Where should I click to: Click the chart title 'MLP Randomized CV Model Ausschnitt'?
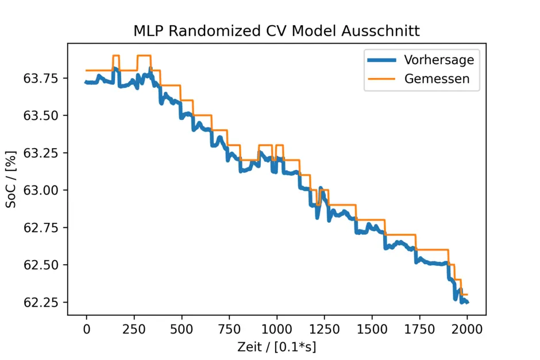pyautogui.click(x=276, y=30)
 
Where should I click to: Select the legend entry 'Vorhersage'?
pyautogui.click(x=439, y=60)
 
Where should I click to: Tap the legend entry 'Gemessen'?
pyautogui.click(x=437, y=79)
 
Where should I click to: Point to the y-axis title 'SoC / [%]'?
pyautogui.click(x=11, y=179)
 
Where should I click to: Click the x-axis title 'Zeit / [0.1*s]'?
pyautogui.click(x=277, y=347)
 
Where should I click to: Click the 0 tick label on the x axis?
pyautogui.click(x=87, y=330)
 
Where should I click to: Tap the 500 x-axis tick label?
pyautogui.click(x=182, y=330)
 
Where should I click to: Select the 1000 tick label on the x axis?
pyautogui.click(x=277, y=330)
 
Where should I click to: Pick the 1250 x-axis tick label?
pyautogui.click(x=325, y=330)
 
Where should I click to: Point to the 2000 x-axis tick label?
pyautogui.click(x=467, y=330)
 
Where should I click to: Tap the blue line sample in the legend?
pyautogui.click(x=381, y=60)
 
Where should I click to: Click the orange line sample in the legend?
pyautogui.click(x=381, y=79)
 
